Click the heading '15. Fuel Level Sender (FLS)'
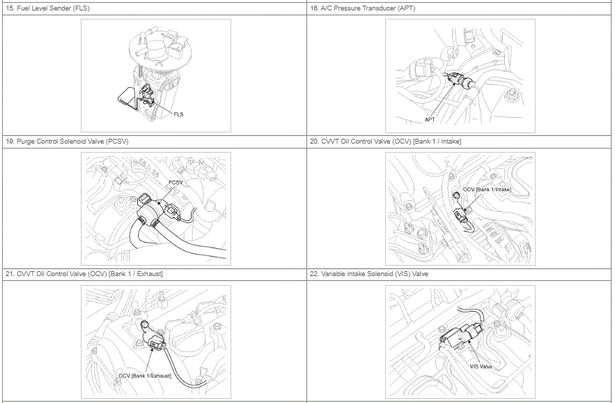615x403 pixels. (47, 8)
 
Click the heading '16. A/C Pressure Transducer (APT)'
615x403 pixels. (362, 8)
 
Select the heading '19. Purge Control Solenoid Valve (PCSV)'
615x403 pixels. (67, 142)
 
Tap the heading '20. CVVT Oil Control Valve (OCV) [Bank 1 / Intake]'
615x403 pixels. (385, 142)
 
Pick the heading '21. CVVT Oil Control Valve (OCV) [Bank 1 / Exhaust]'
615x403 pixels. (84, 274)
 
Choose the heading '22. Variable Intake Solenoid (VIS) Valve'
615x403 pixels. (368, 274)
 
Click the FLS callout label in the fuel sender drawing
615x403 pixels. (178, 114)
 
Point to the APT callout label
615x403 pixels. (430, 119)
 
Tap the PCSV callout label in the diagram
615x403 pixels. (176, 182)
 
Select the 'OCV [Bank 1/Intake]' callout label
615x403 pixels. (487, 190)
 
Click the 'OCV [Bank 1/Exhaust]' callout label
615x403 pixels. (145, 376)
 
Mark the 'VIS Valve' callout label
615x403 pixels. (481, 367)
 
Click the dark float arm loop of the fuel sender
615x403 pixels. (126, 98)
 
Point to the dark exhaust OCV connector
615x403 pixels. (155, 343)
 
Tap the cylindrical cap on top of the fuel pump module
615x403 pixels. (155, 51)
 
